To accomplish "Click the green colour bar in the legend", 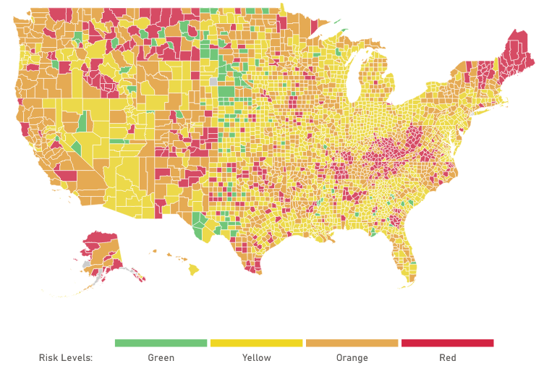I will tap(161, 343).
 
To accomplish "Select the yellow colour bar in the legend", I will tap(256, 343).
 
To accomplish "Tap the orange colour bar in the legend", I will tap(352, 343).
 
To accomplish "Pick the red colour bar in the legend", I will tap(447, 343).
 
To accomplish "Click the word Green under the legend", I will tap(161, 357).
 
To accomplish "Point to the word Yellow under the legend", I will tap(256, 357).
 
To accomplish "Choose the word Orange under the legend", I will tap(352, 357).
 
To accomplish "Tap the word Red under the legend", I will tap(447, 357).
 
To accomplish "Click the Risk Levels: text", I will tap(66, 357).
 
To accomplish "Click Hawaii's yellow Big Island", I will tap(194, 269).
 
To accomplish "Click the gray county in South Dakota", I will tap(213, 82).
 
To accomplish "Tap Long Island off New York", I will tap(493, 106).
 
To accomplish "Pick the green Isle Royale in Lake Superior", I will tap(339, 32).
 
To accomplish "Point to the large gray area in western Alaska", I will tap(88, 265).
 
